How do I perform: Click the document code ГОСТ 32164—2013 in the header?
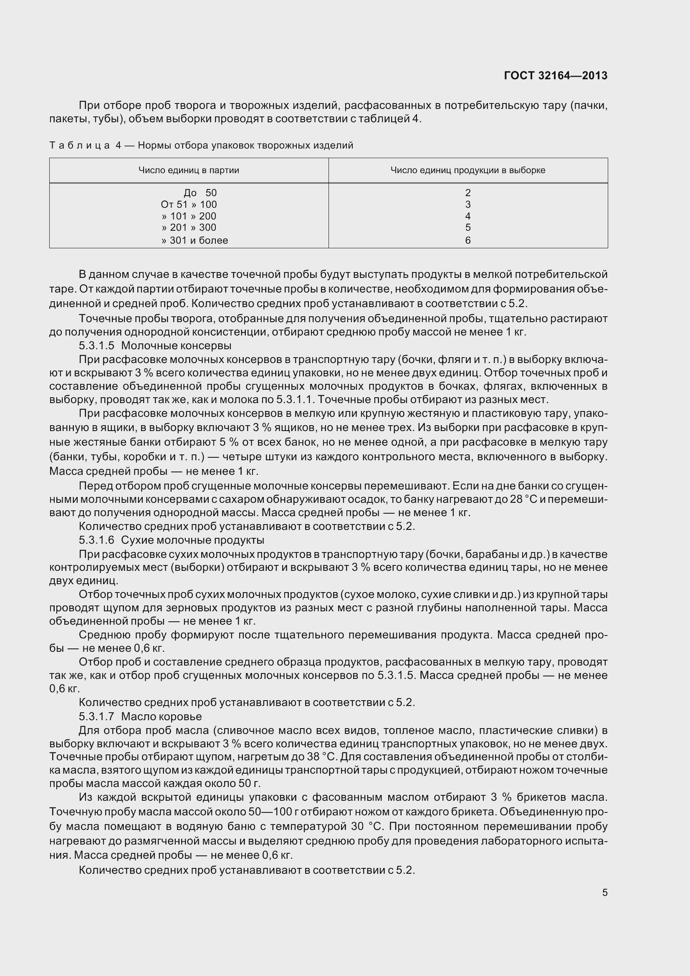click(555, 76)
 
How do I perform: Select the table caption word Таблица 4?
click(85, 146)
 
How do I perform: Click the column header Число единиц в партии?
click(189, 171)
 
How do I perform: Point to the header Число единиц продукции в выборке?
click(468, 171)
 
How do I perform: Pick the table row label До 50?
click(200, 193)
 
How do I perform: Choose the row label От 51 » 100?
click(189, 204)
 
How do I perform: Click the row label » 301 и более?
click(195, 241)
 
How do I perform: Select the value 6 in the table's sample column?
click(468, 241)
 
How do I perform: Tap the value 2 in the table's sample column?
click(468, 193)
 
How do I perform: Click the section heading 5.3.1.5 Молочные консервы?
click(155, 346)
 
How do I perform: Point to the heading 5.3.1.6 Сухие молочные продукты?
click(171, 540)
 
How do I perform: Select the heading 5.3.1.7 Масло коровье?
click(140, 717)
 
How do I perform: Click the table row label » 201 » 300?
click(189, 228)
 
